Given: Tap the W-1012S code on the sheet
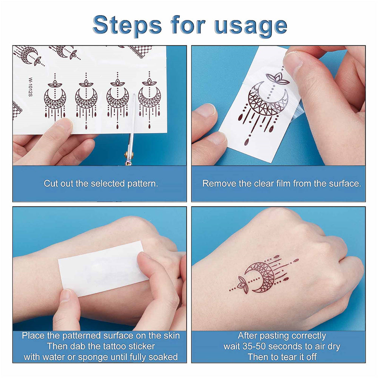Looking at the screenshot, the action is pos(30,87).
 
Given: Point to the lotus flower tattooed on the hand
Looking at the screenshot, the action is pos(242,282).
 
